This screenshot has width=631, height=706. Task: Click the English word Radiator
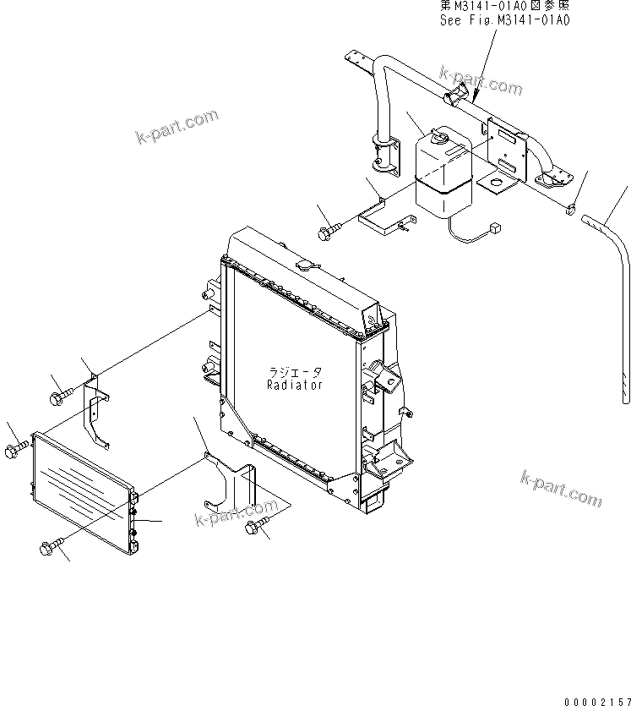click(295, 384)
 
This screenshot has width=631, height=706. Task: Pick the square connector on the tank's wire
click(494, 226)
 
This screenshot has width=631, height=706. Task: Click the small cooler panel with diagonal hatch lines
click(83, 490)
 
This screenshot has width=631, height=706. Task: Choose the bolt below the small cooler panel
click(49, 548)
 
